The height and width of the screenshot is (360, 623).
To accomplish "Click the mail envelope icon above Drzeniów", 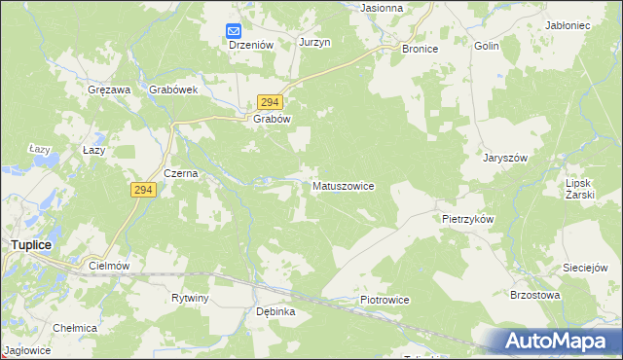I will click(x=235, y=30).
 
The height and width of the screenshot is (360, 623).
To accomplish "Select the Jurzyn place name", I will click(x=315, y=43).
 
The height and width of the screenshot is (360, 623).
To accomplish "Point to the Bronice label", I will click(x=420, y=48).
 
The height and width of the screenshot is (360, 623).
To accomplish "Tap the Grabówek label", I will click(x=174, y=90).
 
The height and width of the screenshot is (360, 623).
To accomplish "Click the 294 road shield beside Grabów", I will click(x=271, y=101).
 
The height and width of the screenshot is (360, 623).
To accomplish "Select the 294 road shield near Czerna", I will click(x=142, y=191).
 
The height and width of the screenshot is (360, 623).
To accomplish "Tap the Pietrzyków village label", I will click(x=468, y=220).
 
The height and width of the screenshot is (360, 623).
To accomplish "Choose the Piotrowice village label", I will click(x=385, y=301).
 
